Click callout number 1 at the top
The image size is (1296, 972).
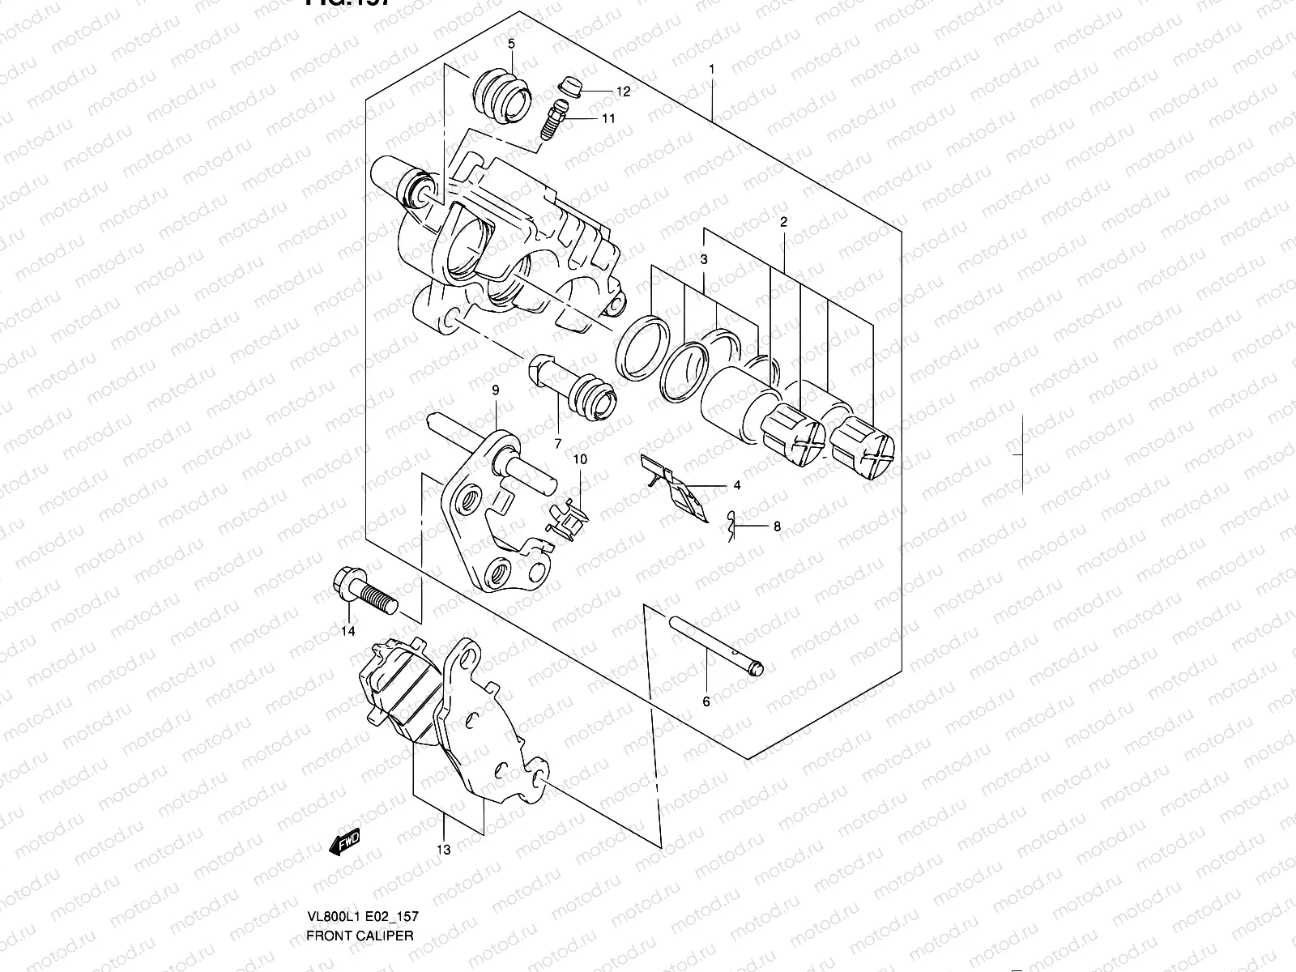pyautogui.click(x=711, y=70)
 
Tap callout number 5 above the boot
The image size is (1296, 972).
pyautogui.click(x=511, y=44)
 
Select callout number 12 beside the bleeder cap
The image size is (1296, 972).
pyautogui.click(x=623, y=92)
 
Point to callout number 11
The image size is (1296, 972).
pyautogui.click(x=608, y=118)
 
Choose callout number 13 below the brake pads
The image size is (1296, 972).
pyautogui.click(x=443, y=850)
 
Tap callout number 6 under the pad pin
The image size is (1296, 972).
pyautogui.click(x=706, y=701)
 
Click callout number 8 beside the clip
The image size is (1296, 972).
pyautogui.click(x=777, y=526)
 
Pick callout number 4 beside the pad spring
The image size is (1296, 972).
pyautogui.click(x=737, y=486)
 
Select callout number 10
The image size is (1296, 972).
pyautogui.click(x=580, y=460)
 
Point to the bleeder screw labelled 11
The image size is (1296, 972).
pyautogui.click(x=554, y=117)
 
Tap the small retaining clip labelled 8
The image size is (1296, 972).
pyautogui.click(x=731, y=528)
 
